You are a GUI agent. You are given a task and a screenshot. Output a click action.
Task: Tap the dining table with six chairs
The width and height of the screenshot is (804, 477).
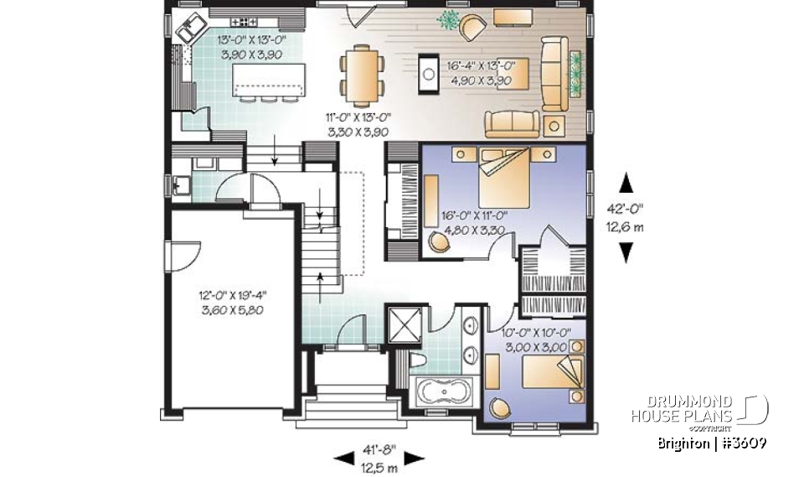[363, 73]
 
